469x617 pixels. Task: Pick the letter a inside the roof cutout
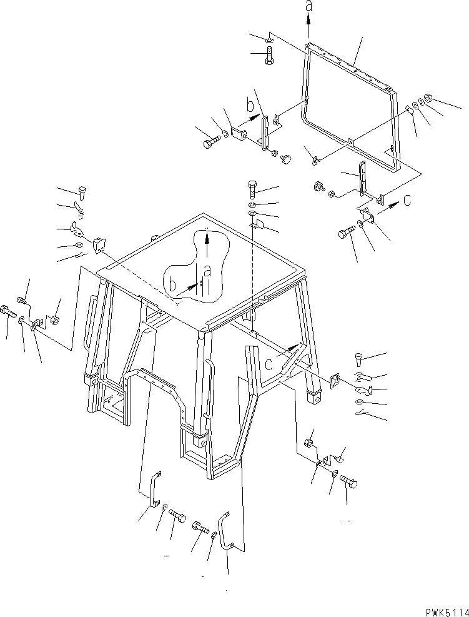pos(207,271)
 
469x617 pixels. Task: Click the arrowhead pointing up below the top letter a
pos(309,20)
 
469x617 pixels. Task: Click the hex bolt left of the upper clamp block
pos(210,143)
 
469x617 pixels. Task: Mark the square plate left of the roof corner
pos(97,245)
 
